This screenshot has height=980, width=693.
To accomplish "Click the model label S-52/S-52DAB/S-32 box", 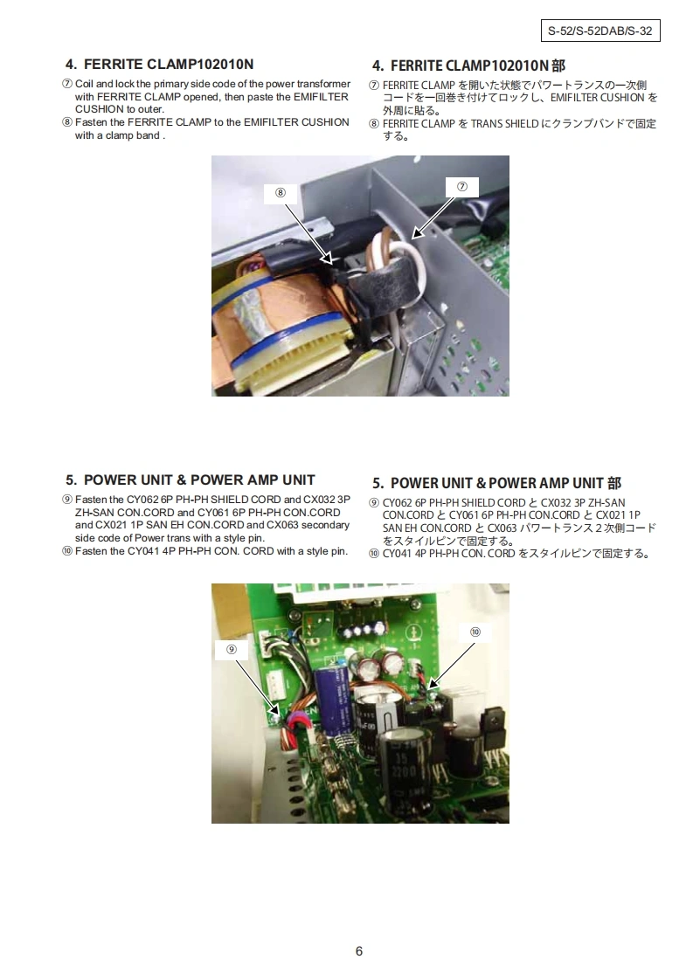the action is pos(600,31).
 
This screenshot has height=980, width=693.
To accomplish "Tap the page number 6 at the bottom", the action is pos(359,950).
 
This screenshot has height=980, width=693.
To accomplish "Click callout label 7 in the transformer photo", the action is pos(462,187).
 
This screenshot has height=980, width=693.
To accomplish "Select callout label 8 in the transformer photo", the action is pos(281,192).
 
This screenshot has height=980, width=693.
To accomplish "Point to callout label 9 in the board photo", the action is pos(232,649).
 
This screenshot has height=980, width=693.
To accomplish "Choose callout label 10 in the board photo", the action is pos(475,631).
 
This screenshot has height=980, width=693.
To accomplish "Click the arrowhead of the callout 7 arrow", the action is pos(417,233).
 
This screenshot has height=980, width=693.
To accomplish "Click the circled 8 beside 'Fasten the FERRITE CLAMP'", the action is pos(67,122).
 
